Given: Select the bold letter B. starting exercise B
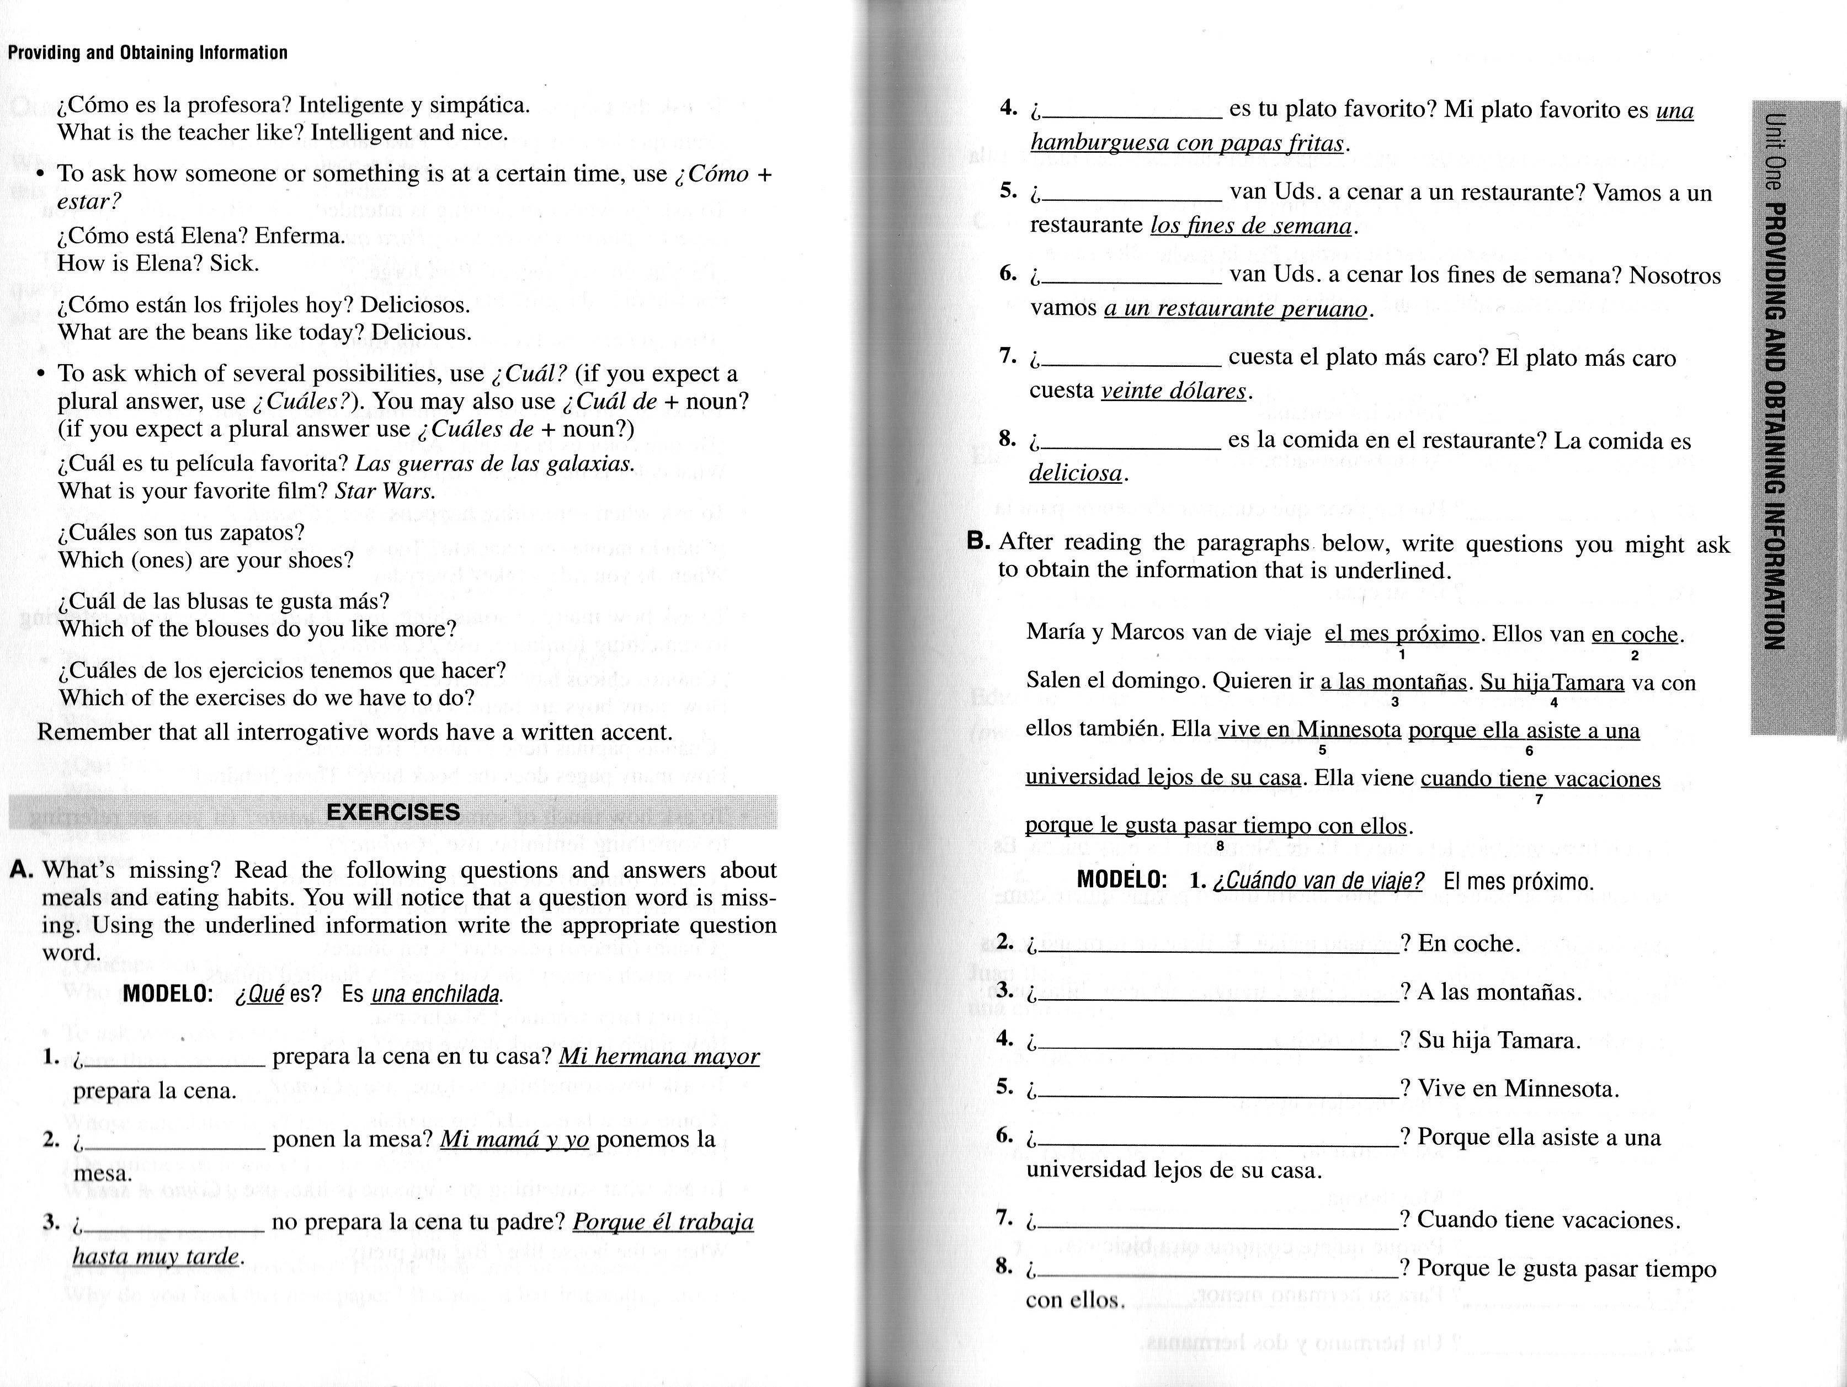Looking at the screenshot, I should (978, 541).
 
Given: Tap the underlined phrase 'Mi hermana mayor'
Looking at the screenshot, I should (659, 1057).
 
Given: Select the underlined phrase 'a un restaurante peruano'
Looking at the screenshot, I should (1235, 309).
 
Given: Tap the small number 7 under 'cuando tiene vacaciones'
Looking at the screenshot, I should (1539, 800).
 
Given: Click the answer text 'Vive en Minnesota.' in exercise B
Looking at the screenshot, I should (1519, 1089).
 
